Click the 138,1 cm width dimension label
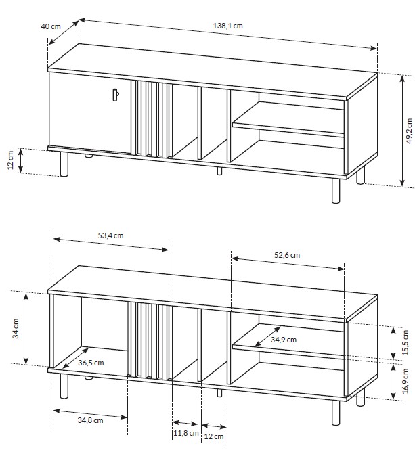pos(228,26)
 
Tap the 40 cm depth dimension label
pos(51,26)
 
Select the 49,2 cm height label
pos(409,131)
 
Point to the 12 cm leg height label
pos(10,160)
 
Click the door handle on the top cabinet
pos(115,95)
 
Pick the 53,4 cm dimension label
pos(110,235)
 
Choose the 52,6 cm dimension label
pos(287,255)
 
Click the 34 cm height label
pos(16,328)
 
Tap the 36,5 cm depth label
pos(91,363)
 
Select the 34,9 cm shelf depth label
pos(284,340)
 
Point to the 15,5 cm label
pos(406,342)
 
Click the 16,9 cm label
pos(406,381)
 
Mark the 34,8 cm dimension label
pos(90,420)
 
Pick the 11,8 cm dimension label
pos(186,433)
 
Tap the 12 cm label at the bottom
pos(214,436)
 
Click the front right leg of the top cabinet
pos(336,191)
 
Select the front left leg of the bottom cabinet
pos(64,386)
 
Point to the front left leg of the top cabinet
pos(64,164)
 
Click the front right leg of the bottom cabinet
pos(336,413)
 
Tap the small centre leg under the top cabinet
pos(220,171)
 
